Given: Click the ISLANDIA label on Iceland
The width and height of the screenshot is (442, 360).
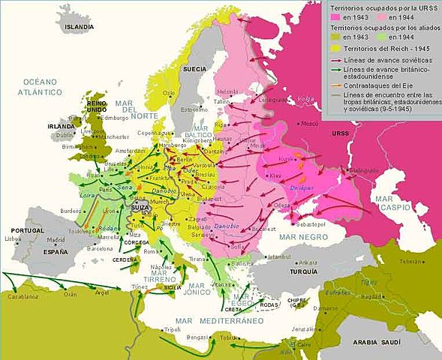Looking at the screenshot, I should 80,26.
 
